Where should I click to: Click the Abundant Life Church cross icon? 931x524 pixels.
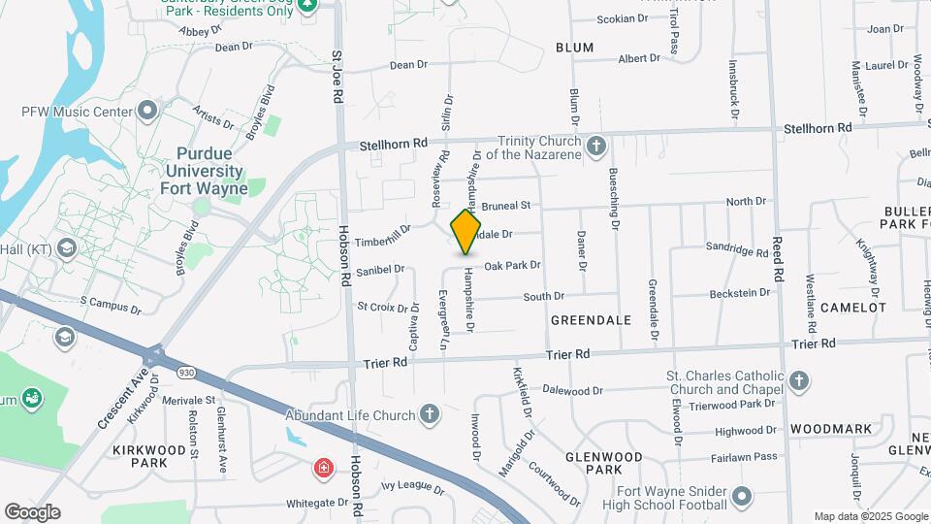point(430,415)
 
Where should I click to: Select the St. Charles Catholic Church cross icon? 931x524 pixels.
point(798,379)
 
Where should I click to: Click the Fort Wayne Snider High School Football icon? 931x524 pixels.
point(742,497)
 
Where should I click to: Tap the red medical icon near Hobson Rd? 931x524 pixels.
point(322,470)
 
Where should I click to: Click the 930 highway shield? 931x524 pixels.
point(185,372)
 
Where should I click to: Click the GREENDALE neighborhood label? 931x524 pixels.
point(591,320)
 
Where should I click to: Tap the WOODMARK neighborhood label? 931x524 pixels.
point(830,428)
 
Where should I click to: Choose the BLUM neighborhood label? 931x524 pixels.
point(574,48)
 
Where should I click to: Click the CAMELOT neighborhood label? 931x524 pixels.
point(852,308)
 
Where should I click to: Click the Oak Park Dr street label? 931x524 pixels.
point(512,265)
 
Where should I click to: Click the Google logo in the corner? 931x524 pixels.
point(32,512)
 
